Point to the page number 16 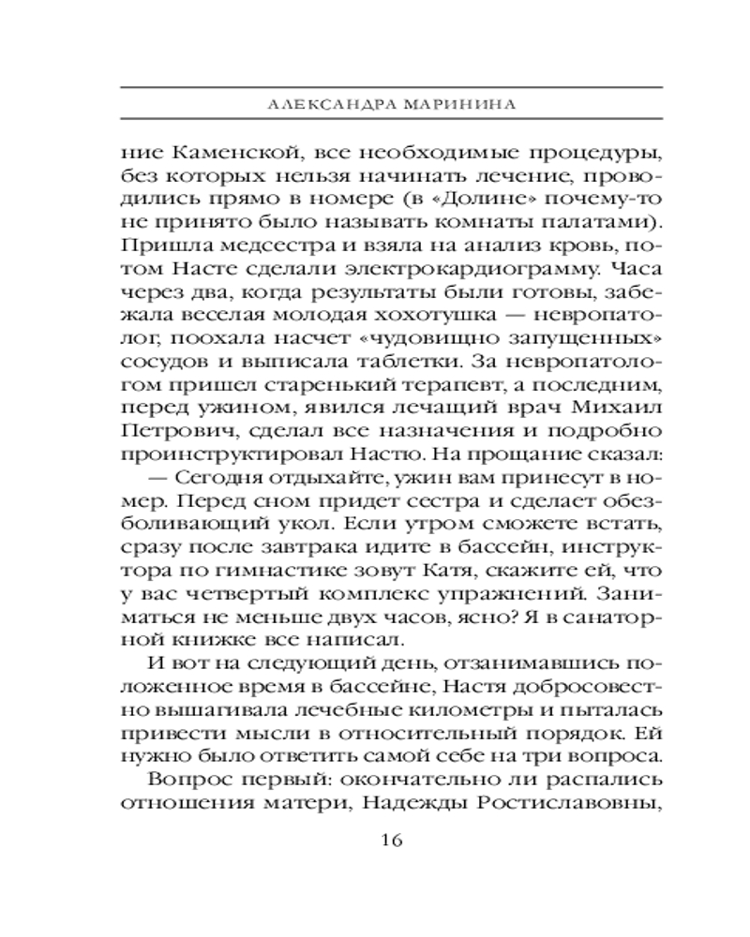tap(392, 840)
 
